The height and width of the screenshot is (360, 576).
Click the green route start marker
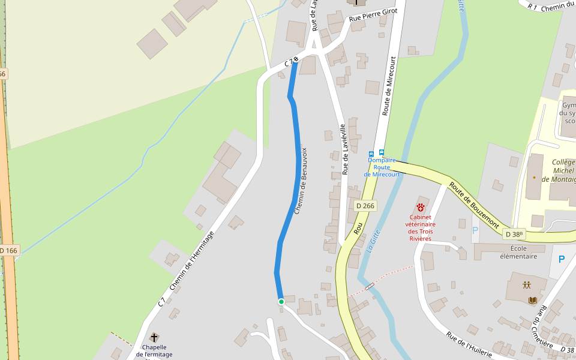point(281,302)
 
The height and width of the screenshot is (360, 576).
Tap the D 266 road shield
point(365,206)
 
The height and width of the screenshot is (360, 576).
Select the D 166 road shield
point(8,250)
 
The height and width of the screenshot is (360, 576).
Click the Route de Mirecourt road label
point(389,86)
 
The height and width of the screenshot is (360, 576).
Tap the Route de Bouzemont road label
point(475,204)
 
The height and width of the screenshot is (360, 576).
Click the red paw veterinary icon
point(421,207)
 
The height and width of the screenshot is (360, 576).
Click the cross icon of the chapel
point(154,338)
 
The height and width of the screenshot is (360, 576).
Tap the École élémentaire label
point(518,252)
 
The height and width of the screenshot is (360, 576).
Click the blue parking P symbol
point(562,259)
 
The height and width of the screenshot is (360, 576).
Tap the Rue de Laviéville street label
point(344,149)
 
